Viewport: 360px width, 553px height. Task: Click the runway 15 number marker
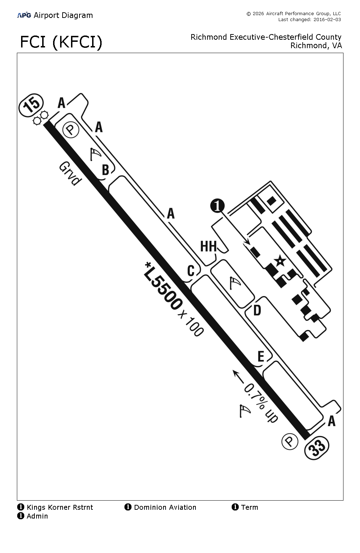(31, 105)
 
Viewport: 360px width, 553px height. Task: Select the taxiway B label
(105, 170)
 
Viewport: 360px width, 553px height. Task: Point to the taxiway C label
(191, 271)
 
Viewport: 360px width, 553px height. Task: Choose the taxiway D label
(257, 310)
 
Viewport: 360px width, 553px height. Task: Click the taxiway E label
(261, 356)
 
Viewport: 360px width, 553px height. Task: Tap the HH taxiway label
(208, 246)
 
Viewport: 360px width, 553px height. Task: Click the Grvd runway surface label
(70, 174)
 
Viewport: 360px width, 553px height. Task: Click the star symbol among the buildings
(280, 261)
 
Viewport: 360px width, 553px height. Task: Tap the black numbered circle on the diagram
(217, 206)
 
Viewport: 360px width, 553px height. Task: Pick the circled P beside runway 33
(290, 441)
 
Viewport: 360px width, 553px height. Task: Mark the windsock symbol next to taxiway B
(95, 154)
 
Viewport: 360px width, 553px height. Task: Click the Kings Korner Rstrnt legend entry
(56, 507)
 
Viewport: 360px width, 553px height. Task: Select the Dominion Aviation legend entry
(161, 507)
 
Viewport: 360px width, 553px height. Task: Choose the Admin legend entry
(33, 516)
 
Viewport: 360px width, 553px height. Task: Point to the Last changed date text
(309, 20)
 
